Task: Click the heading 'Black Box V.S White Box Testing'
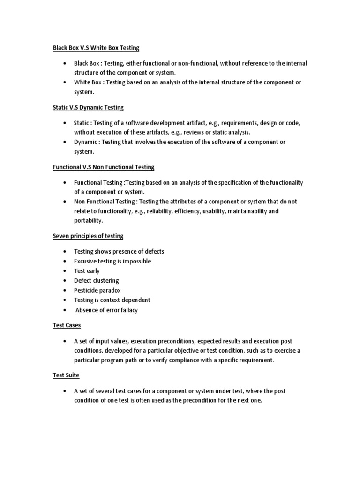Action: coord(96,48)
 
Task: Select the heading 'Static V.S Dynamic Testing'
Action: coord(88,107)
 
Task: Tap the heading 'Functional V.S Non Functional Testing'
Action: coord(103,167)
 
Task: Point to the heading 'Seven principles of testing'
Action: coord(88,236)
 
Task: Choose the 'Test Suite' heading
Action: coord(66,375)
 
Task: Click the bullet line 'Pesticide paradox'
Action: coord(97,290)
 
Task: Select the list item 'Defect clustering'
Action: coord(96,280)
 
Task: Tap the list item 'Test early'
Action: coord(87,270)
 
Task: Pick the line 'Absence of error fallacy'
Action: coord(106,310)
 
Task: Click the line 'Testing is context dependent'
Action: coord(112,300)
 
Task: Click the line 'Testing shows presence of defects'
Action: coord(119,251)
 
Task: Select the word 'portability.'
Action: coord(88,221)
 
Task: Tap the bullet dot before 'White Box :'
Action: coord(64,82)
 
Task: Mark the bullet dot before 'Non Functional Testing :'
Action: coord(64,202)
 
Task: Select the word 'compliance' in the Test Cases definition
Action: coord(200,360)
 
